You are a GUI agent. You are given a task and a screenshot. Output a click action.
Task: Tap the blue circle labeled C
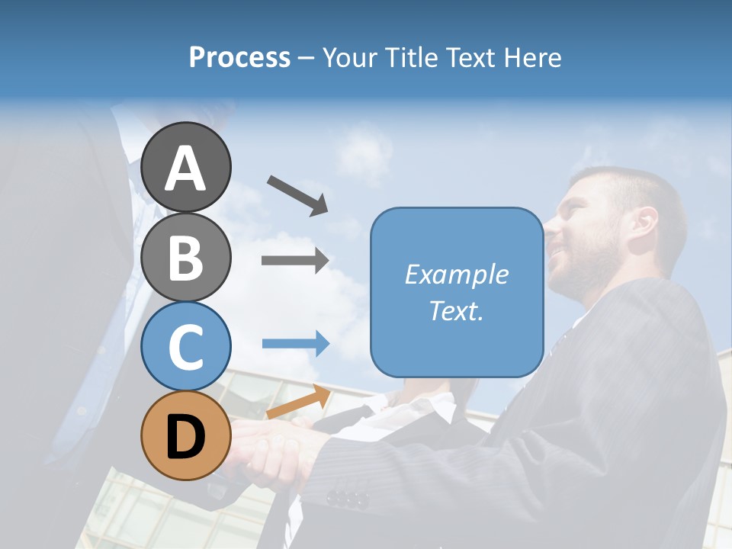click(185, 346)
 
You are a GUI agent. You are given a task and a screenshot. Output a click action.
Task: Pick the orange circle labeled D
click(185, 436)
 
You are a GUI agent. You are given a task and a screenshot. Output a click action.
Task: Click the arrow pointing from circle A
click(297, 194)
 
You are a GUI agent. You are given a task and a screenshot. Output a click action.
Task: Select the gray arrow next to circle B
click(295, 260)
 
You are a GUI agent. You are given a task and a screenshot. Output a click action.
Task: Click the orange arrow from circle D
click(298, 403)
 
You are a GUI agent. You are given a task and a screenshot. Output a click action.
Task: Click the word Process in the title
click(239, 57)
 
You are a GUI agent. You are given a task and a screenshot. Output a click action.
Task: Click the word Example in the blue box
click(456, 274)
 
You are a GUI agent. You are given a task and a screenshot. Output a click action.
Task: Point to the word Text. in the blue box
click(456, 310)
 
